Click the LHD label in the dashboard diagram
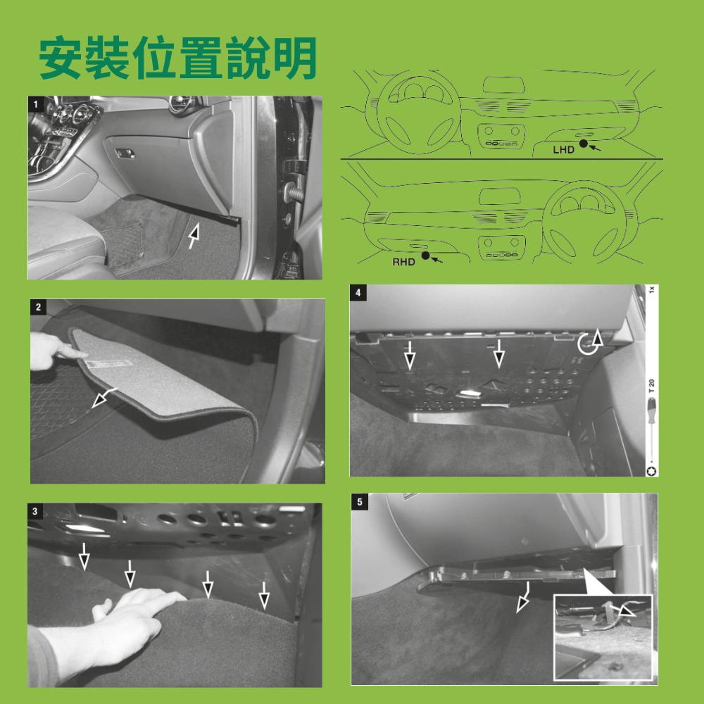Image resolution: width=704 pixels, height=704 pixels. click(563, 150)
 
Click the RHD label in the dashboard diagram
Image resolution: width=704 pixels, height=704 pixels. click(403, 262)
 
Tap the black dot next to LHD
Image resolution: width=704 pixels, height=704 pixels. click(583, 144)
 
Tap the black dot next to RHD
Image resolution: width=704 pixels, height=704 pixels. click(426, 256)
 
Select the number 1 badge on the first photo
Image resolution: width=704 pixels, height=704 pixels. click(35, 105)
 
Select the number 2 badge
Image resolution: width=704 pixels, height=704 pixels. click(38, 307)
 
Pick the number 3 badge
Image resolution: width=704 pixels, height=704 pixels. click(35, 511)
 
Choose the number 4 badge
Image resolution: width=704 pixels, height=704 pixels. click(358, 293)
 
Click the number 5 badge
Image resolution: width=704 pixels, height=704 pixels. click(360, 501)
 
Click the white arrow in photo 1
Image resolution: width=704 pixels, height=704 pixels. click(194, 236)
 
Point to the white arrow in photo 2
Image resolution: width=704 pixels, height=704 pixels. click(103, 398)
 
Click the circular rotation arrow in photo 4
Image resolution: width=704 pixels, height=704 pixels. click(589, 344)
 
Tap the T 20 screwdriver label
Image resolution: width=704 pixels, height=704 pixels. click(651, 386)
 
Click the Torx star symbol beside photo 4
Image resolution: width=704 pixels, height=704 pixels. click(651, 471)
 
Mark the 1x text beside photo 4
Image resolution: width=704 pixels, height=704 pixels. click(651, 289)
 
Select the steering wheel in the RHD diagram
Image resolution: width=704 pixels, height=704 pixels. click(584, 223)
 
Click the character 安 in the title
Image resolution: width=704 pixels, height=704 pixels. click(60, 58)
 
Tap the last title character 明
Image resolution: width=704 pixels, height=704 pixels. click(295, 58)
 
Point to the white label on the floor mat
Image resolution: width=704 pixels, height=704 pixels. click(108, 363)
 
